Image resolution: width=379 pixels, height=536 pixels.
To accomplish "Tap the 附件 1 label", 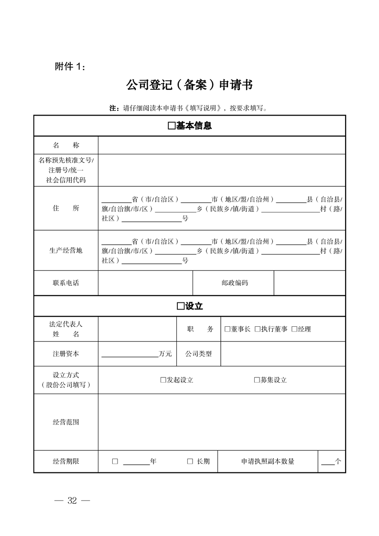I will (70, 67).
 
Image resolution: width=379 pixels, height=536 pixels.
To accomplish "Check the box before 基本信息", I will (172, 127).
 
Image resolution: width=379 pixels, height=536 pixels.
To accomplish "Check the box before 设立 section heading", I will (180, 306).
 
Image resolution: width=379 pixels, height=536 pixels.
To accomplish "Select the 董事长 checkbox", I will (227, 329).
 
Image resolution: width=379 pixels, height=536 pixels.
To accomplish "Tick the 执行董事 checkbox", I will (257, 329).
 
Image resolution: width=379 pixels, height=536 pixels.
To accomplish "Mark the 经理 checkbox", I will (294, 329).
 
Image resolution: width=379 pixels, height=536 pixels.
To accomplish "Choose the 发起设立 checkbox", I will (163, 380).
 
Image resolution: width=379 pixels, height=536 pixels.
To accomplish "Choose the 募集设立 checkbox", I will (256, 380).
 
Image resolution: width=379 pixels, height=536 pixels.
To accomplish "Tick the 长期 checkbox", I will (190, 461).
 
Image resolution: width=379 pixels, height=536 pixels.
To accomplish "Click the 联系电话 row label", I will (66, 283).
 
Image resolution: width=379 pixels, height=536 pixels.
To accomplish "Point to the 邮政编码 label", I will (235, 283).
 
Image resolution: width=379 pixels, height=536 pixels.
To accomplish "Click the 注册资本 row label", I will (66, 354).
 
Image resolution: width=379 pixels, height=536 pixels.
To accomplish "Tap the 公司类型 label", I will (198, 354).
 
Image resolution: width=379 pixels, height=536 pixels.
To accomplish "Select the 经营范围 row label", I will (66, 422).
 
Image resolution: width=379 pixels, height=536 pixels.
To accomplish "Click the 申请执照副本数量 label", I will (268, 461).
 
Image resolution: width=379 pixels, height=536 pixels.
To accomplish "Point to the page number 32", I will (72, 501).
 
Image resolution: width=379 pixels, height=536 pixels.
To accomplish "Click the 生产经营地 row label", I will (66, 250).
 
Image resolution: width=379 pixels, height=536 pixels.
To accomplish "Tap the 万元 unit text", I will (165, 354).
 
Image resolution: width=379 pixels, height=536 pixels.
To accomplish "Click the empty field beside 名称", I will (221, 145).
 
